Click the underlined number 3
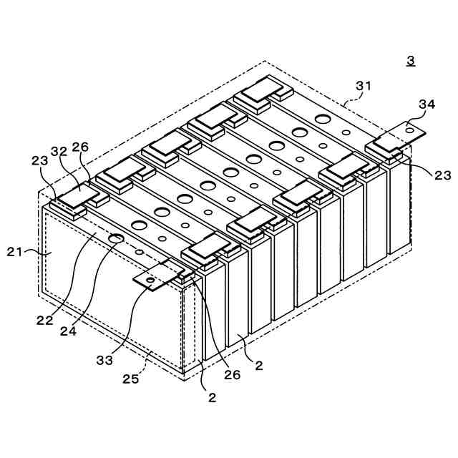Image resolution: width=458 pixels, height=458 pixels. coord(411,61)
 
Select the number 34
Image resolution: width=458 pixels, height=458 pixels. coord(427,104)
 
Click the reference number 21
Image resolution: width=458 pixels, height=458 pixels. coord(15,250)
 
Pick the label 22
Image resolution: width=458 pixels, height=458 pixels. coord(44,321)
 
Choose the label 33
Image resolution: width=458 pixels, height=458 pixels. coord(104,360)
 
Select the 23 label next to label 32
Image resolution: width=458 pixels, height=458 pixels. coord(39,161)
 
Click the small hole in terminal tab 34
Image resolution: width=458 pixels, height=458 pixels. coord(409,130)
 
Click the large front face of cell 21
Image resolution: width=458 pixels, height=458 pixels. coord(107,301)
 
